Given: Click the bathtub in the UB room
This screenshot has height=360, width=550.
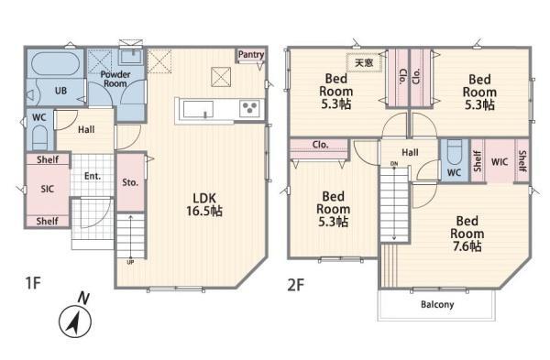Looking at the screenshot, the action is [x=56, y=63].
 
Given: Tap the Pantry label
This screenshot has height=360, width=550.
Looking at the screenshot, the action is [x=251, y=54].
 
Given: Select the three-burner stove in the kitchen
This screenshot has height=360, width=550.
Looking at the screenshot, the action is [x=249, y=107].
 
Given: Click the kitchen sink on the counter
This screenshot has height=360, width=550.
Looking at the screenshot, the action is [x=198, y=109].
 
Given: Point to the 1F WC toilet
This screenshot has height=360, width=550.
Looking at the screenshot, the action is [x=40, y=137].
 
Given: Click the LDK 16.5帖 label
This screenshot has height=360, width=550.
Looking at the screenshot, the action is [x=204, y=204].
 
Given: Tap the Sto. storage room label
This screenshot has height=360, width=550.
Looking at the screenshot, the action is [x=130, y=182].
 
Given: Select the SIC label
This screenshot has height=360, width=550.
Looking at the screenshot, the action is [x=48, y=190].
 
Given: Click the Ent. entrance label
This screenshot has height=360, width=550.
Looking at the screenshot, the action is [x=93, y=176].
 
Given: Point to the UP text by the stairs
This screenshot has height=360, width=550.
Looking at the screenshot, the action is [x=130, y=262].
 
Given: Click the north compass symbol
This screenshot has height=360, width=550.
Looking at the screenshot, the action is [x=75, y=318].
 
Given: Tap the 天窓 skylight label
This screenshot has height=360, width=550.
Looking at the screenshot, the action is [x=364, y=62].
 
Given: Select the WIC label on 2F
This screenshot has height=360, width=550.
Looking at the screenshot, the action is [x=500, y=162].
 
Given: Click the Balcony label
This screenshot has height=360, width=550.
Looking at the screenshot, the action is [x=437, y=304].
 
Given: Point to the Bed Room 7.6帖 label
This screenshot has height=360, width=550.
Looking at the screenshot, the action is [x=467, y=234].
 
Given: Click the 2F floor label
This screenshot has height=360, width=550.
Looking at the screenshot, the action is [x=295, y=285].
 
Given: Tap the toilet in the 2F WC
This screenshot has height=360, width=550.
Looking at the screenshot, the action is [x=455, y=151].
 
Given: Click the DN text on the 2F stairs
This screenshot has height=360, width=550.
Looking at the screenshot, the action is [x=394, y=164].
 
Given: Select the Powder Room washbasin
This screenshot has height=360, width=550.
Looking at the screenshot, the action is [x=131, y=56].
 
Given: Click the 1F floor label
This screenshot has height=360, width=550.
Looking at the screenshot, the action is [x=33, y=282].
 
